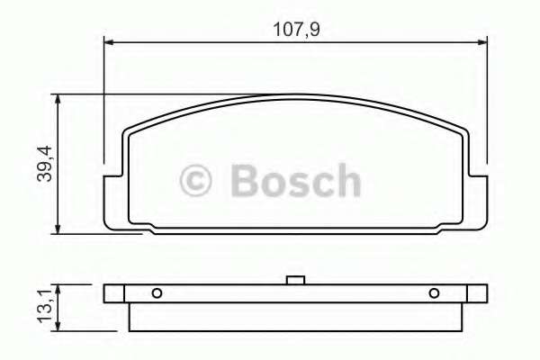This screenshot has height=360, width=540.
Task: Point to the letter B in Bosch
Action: pyautogui.click(x=247, y=181)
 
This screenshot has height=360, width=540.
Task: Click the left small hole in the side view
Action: pyautogui.click(x=157, y=293)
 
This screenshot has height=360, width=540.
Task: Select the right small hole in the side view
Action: pyautogui.click(x=434, y=293)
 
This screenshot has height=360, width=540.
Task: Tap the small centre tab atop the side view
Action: pyautogui.click(x=293, y=280)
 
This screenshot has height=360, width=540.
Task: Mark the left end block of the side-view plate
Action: pyautogui.click(x=112, y=293)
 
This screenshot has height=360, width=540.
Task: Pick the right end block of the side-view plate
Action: pyautogui.click(x=477, y=293)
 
